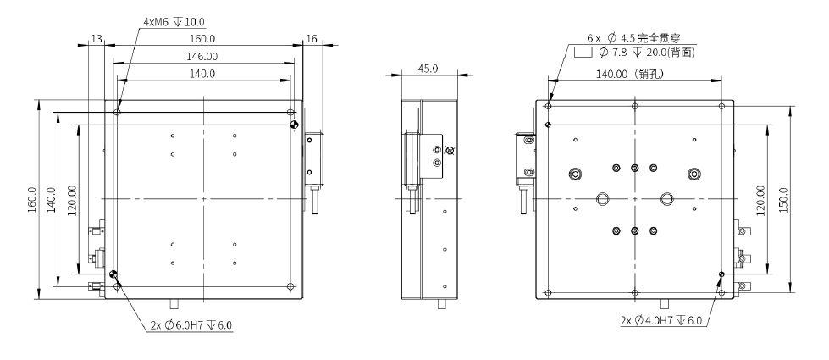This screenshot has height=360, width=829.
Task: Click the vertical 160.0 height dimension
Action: click(x=31, y=200)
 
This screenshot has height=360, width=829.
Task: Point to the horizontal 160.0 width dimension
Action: click(x=202, y=38)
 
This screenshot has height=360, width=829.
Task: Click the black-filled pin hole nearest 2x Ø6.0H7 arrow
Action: click(x=113, y=274)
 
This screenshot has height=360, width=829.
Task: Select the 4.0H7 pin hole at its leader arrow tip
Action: click(x=721, y=274)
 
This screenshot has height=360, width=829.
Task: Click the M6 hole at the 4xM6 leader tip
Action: click(x=118, y=111)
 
